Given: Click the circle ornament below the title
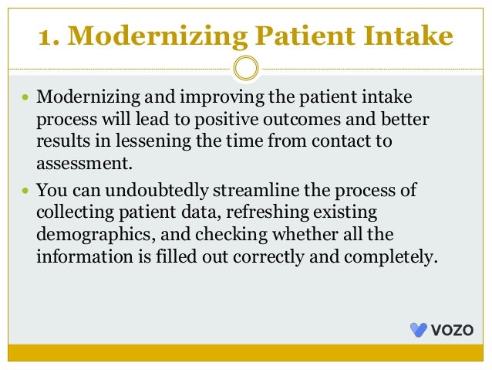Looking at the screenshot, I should tap(245, 69).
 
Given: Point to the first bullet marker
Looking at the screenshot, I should tap(25, 100).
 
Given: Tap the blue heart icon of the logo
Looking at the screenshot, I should tap(418, 330).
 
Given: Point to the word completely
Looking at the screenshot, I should tap(397, 256).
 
